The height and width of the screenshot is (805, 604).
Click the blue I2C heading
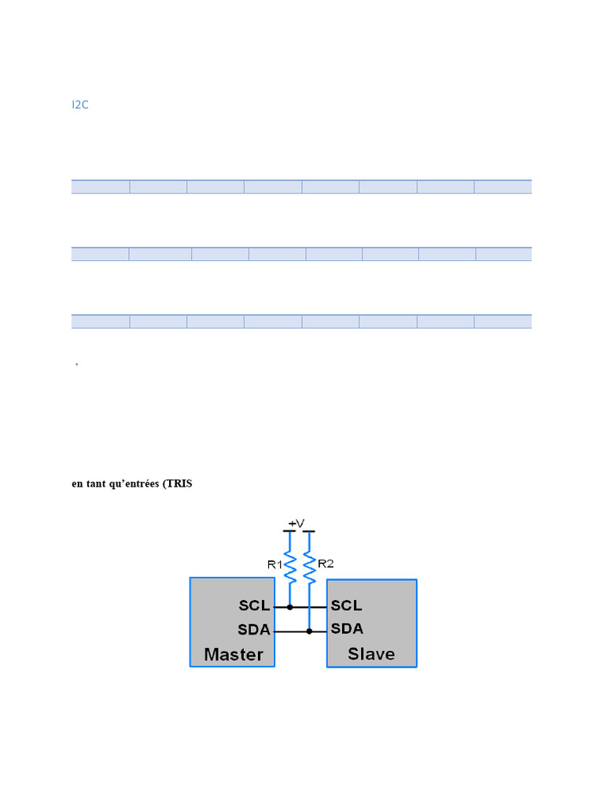[x=79, y=105]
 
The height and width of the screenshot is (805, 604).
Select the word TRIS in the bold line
[x=179, y=484]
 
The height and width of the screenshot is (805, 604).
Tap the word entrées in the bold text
[x=138, y=484]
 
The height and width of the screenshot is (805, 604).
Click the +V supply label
[x=296, y=524]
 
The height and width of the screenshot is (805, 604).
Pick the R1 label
[x=274, y=564]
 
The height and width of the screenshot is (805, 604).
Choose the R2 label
[x=326, y=563]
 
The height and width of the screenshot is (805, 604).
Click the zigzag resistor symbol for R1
[x=290, y=567]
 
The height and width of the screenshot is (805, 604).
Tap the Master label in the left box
[x=234, y=654]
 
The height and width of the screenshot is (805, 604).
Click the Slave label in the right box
[x=371, y=654]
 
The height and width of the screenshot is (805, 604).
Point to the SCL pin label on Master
[x=254, y=606]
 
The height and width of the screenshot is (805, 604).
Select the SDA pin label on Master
[x=254, y=630]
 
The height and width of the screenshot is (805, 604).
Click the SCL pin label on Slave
[x=347, y=605]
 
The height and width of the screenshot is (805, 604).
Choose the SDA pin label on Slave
[x=347, y=629]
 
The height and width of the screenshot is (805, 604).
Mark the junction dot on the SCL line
[x=290, y=607]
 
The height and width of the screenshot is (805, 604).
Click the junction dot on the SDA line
[x=309, y=630]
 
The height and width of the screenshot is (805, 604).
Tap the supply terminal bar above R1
[x=289, y=532]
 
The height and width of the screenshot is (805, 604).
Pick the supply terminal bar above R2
[x=309, y=532]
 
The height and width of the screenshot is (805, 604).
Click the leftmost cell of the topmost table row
[x=100, y=186]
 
